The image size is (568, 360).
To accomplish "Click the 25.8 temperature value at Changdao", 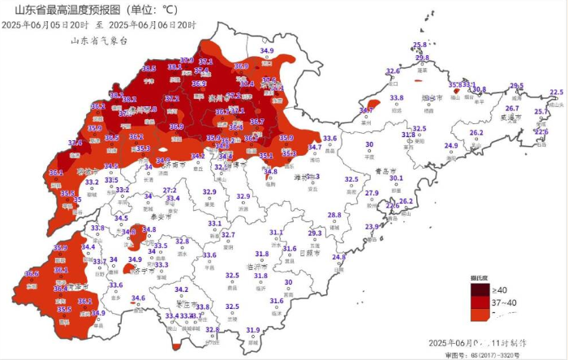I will coord(420,45).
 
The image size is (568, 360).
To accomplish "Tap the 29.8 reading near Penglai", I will coord(422,58).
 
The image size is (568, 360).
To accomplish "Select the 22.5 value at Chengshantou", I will coord(557,92).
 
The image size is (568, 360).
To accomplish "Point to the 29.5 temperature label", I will coord(517,86).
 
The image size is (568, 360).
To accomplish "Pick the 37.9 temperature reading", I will coord(187,59).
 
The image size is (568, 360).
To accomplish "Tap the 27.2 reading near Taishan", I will coord(170,190).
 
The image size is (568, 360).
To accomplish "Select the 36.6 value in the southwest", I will coord(31,274).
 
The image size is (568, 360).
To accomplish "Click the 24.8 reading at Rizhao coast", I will coord(338,257).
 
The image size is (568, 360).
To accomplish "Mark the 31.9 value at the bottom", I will coord(253,330).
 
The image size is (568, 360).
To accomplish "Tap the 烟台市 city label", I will coord(431,97).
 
